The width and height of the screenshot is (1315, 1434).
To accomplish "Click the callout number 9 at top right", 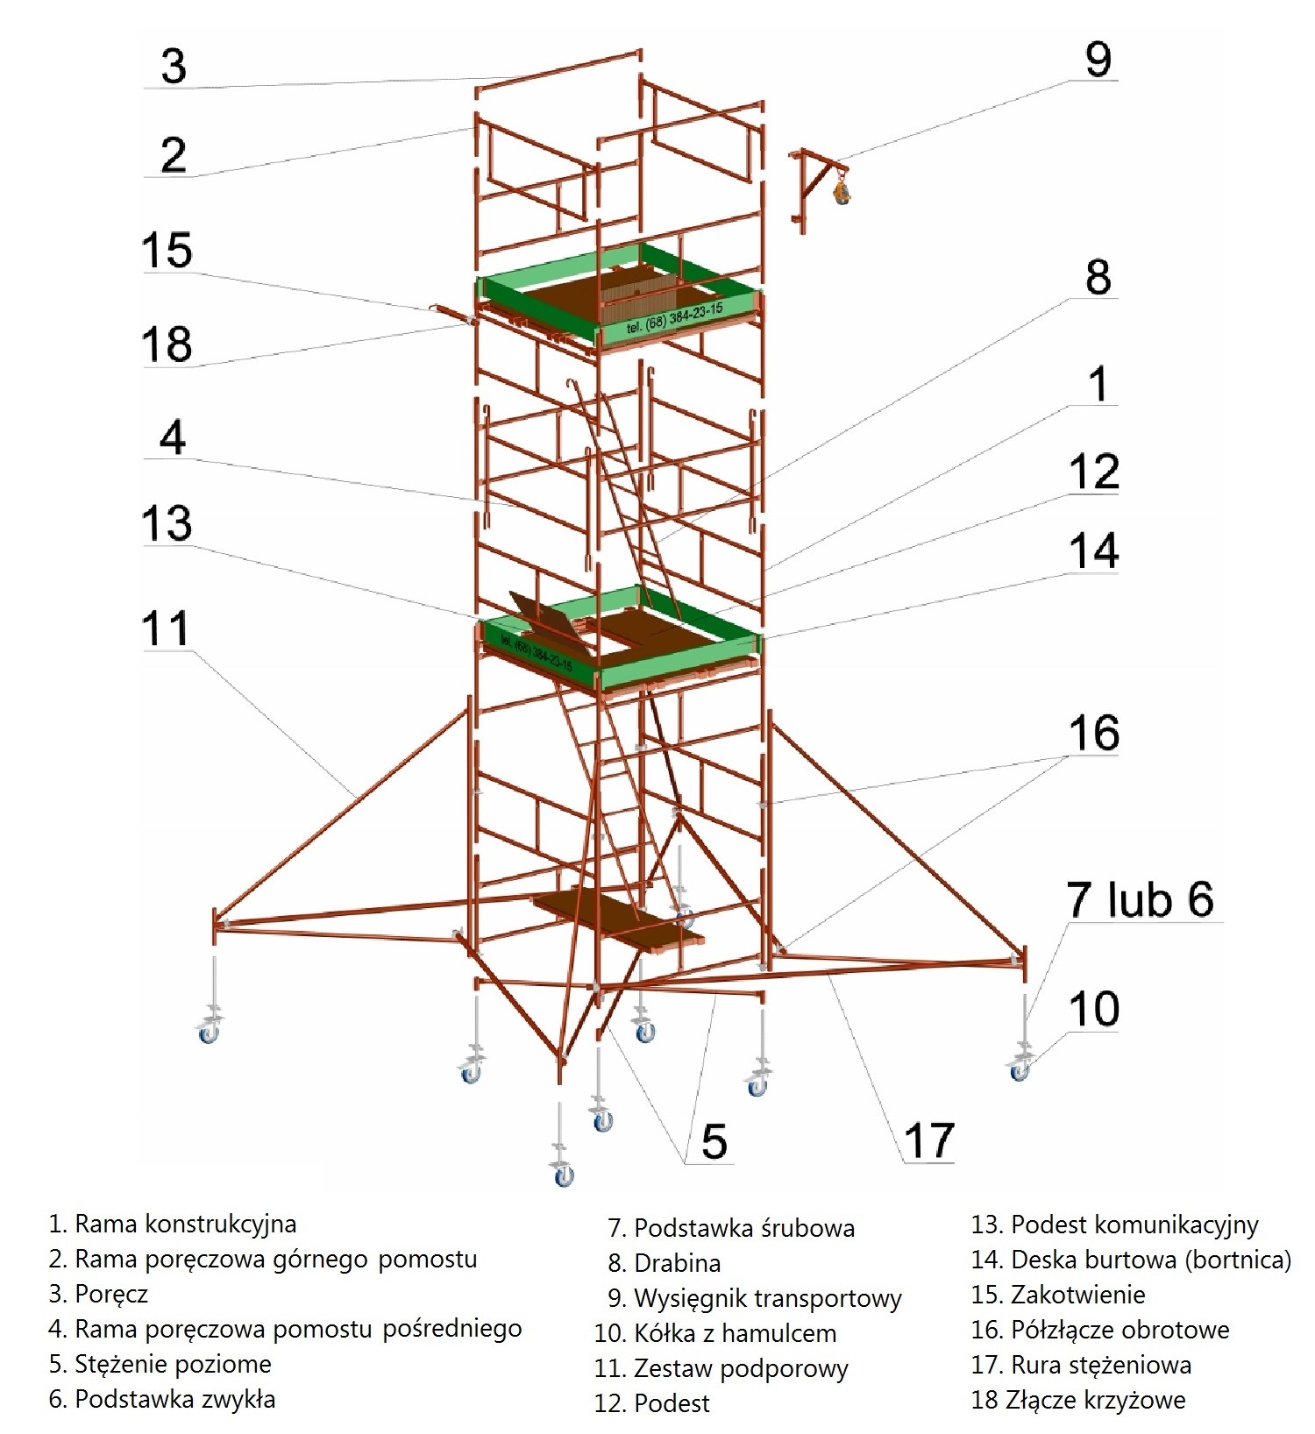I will [1098, 60].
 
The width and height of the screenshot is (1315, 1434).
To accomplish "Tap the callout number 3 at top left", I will [174, 67].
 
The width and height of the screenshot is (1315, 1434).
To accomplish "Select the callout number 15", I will [167, 251].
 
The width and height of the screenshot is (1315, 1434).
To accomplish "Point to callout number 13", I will [167, 523].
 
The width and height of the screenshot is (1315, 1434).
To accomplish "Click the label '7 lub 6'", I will [1140, 899].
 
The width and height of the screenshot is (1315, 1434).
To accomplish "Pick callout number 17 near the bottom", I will [928, 1140].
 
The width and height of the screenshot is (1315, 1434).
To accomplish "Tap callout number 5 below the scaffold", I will [714, 1141].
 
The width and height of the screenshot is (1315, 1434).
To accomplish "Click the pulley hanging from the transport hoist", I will [842, 192].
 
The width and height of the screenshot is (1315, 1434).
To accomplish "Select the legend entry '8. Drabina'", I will [664, 1263].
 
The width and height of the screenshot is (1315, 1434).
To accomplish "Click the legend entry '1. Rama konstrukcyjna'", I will [173, 1224].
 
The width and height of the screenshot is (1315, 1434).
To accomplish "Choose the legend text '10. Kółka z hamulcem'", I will [715, 1333].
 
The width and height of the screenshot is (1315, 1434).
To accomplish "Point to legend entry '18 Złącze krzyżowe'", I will [1078, 1400].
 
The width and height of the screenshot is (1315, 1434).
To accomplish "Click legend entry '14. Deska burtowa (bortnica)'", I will [1131, 1260].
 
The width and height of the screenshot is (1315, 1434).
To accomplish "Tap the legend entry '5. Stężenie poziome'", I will [160, 1364].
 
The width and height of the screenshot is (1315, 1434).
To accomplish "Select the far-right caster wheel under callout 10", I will [1020, 1071].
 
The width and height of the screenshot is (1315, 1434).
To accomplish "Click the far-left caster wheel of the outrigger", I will [209, 1034].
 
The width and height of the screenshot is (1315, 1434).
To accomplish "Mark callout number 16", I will [1094, 733].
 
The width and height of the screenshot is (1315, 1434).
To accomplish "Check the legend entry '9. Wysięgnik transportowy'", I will [755, 1298].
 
